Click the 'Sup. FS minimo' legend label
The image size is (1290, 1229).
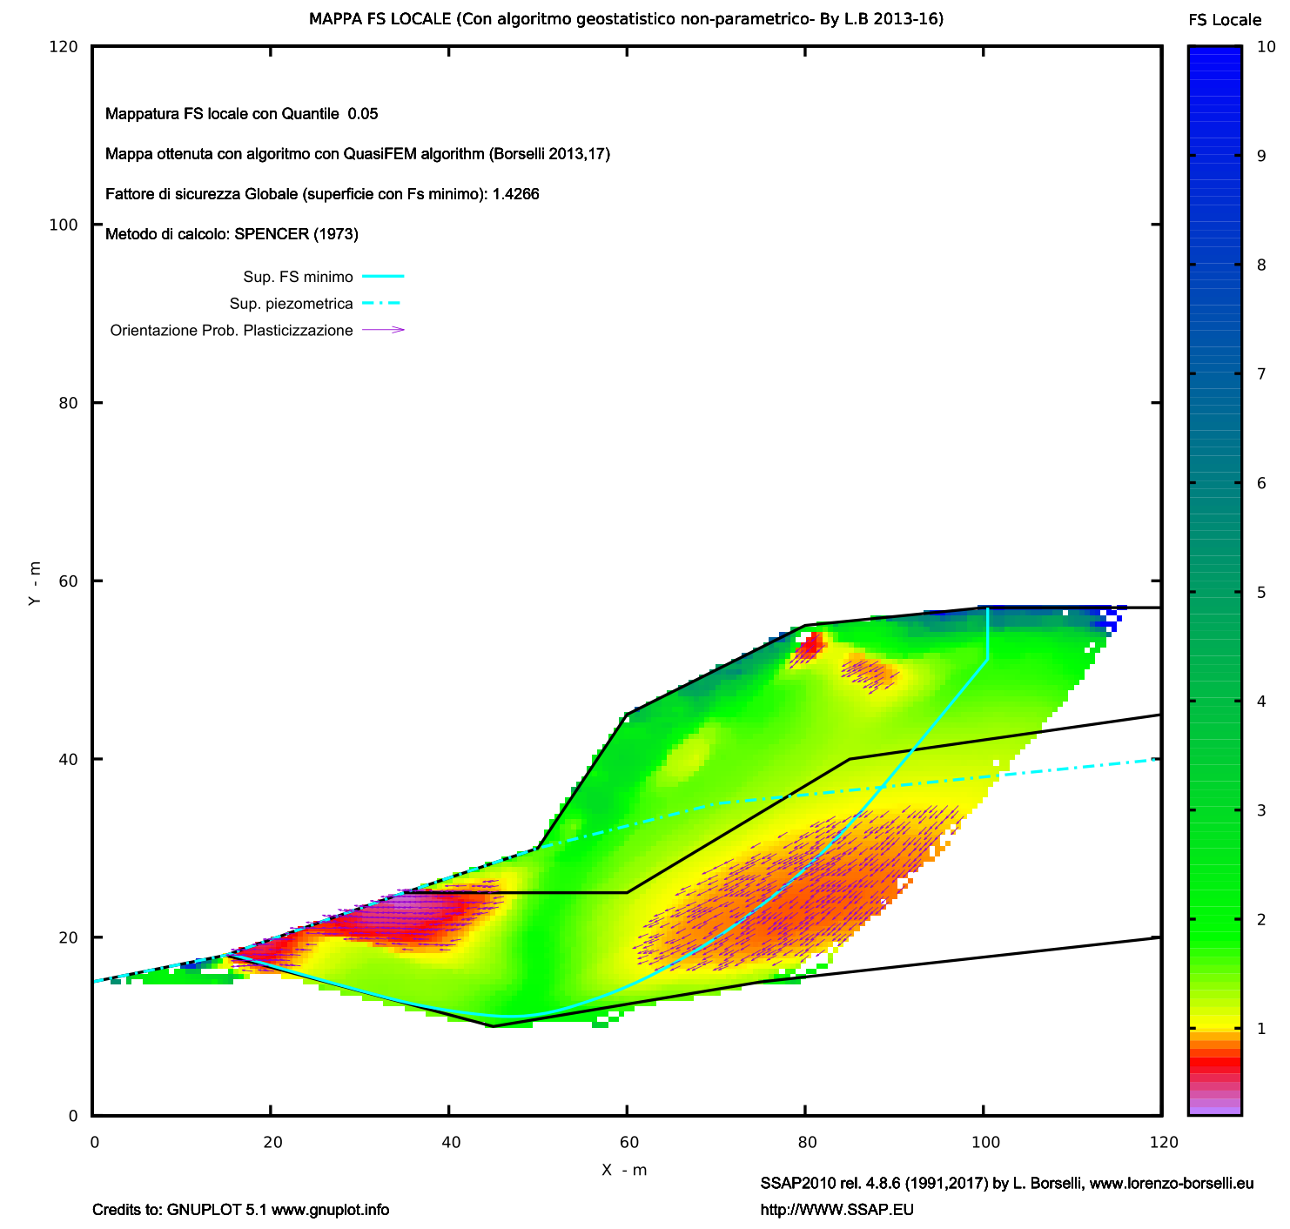(298, 278)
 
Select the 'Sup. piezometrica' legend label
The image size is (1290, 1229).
(291, 304)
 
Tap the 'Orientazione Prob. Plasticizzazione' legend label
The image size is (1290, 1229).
(232, 331)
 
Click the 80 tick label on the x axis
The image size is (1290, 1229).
(806, 1142)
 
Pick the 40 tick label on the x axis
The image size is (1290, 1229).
(449, 1142)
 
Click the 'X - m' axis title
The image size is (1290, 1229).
(624, 1170)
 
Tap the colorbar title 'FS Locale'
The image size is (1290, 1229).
(1224, 20)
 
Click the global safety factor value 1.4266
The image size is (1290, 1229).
(515, 194)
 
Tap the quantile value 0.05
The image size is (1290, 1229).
(362, 114)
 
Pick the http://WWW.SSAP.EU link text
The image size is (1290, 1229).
(836, 1210)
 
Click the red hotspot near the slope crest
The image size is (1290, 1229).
(811, 645)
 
